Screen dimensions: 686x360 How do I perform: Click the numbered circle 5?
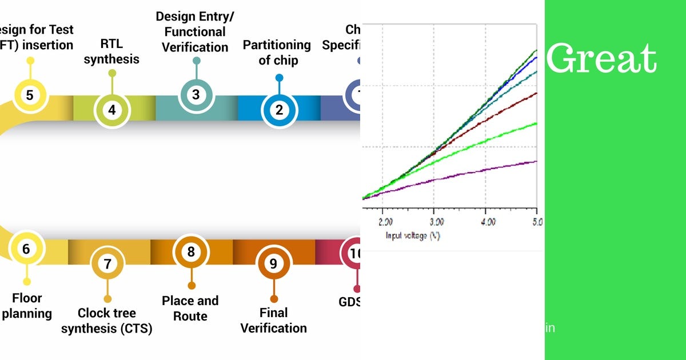(x=30, y=94)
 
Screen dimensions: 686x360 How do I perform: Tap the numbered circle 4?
(x=112, y=109)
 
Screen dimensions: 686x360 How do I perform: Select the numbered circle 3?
(x=196, y=94)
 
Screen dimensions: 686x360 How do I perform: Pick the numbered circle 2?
(x=279, y=109)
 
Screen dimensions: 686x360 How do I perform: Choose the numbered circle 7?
(x=107, y=263)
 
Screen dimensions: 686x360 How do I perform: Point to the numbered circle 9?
(x=273, y=263)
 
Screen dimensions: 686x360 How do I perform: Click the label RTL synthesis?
(x=111, y=51)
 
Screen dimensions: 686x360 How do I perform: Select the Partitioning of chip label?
(x=277, y=52)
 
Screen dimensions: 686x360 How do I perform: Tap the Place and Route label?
(x=190, y=309)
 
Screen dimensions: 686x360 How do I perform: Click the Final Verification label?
(x=273, y=321)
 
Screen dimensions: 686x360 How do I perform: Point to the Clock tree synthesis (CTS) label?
(x=107, y=321)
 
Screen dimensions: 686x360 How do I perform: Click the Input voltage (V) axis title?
(x=412, y=235)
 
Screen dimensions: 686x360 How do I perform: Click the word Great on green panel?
(x=601, y=58)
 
